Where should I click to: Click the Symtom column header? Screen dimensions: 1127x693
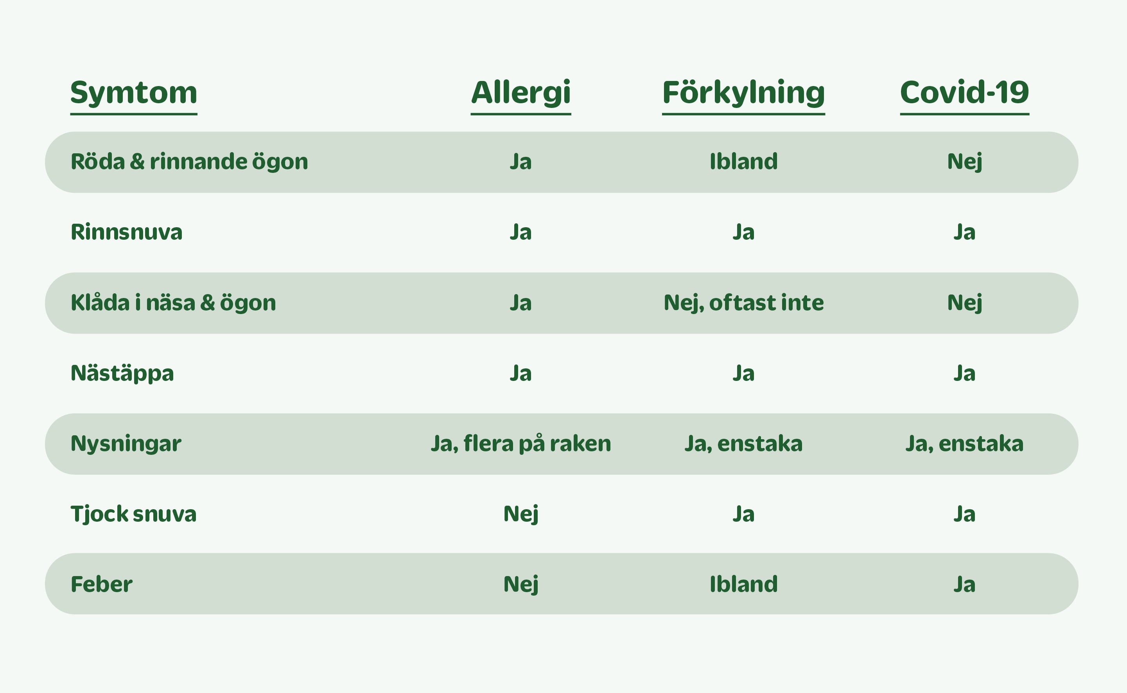point(133,93)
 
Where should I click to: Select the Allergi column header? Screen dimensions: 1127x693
point(520,93)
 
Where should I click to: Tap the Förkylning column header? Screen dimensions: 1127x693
point(743,93)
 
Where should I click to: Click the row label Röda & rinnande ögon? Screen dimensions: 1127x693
point(189,162)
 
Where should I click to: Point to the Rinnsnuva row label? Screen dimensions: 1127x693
point(126,232)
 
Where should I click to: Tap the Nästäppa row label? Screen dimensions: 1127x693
point(122,373)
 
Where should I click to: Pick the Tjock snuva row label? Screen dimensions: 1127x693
point(133,514)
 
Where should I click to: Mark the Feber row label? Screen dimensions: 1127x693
point(101,584)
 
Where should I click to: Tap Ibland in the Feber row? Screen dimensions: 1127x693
point(743,584)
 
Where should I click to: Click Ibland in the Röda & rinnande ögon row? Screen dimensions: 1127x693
point(743,162)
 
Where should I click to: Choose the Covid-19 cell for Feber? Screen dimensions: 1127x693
point(964,585)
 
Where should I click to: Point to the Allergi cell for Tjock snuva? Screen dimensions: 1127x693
point(520,514)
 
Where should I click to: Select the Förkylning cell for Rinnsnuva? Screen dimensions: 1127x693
point(743,232)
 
